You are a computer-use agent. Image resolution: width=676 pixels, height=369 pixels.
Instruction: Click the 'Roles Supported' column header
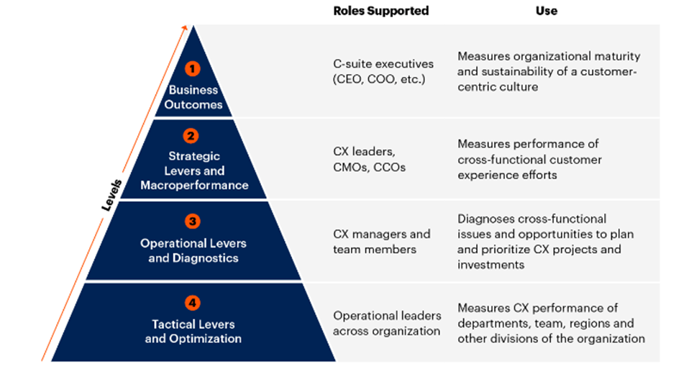pos(381,11)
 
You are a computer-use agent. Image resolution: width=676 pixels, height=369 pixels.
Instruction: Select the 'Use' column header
pos(547,11)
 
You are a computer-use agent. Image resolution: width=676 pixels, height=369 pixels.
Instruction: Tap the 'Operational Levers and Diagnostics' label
pos(193,250)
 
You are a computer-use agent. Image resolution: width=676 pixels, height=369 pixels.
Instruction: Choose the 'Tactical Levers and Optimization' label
pos(193,331)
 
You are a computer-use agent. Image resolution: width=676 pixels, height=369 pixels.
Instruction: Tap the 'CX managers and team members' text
pos(381,241)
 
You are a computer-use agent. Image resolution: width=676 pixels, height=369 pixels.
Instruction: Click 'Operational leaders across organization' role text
pos(386,323)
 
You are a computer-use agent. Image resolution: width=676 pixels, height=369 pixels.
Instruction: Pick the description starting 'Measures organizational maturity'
pos(549,71)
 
